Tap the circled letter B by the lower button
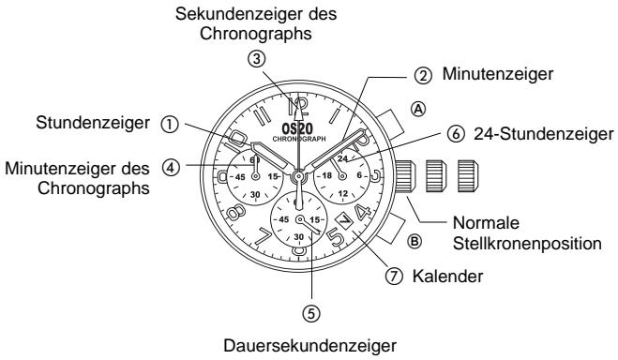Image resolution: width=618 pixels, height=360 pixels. (415, 239)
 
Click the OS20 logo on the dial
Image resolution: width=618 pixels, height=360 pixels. (297, 127)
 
